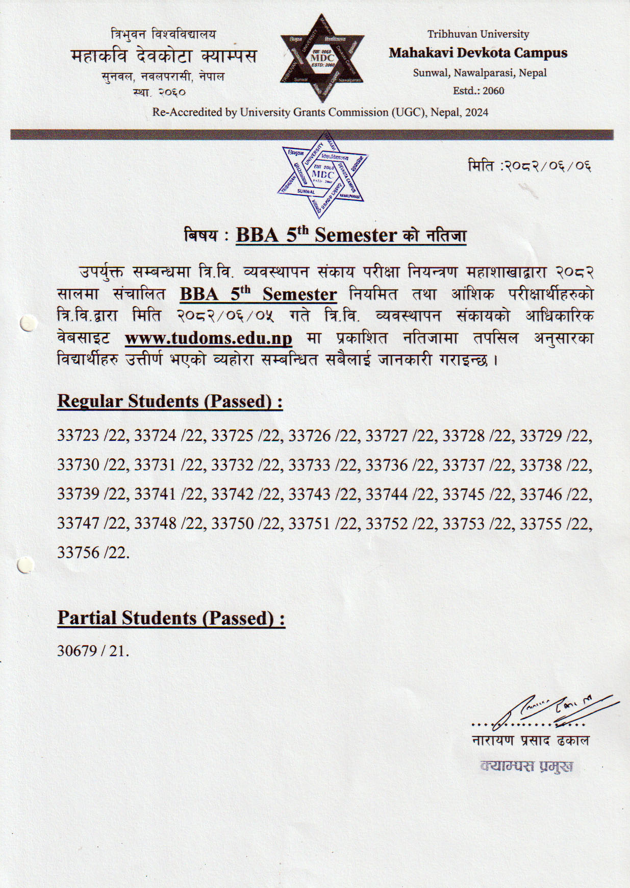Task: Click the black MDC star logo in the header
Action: coord(322,58)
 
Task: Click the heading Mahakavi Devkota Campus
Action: coord(478,53)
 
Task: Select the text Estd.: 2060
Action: coord(478,91)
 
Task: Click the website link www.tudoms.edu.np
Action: coord(208,338)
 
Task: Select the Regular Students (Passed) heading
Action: coord(170,401)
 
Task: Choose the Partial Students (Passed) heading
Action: coord(171,618)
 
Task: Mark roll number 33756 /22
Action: coord(92,553)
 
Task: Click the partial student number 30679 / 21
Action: coord(93,651)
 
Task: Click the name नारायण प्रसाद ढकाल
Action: coord(531,741)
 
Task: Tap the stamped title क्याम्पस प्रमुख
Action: coord(526,767)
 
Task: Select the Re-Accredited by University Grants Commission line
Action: coord(320,112)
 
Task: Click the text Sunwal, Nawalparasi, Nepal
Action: coord(480,73)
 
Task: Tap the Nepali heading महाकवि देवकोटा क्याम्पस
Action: coord(164,56)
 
